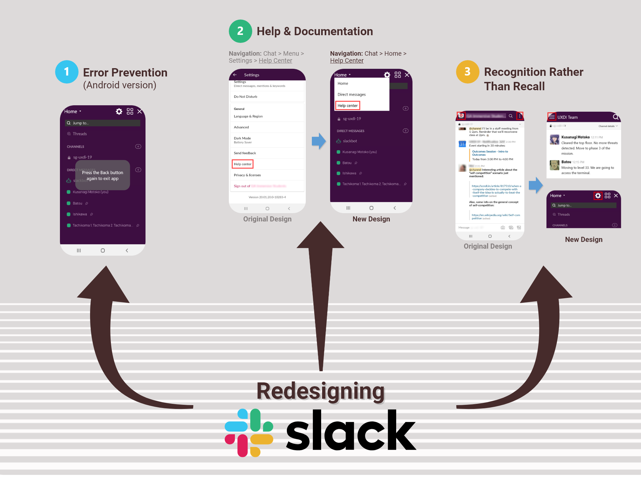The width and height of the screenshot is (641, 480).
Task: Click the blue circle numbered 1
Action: click(67, 72)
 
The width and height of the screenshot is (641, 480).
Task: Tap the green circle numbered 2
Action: click(240, 31)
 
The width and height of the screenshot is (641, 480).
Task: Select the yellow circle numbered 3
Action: click(468, 72)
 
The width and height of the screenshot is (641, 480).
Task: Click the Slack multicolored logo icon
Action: click(249, 433)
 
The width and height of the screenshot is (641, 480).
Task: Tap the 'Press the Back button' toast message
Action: click(103, 175)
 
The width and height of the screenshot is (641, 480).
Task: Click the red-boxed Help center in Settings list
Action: click(243, 164)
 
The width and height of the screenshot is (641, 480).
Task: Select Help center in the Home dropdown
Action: click(347, 106)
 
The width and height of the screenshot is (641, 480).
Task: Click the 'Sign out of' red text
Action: click(242, 186)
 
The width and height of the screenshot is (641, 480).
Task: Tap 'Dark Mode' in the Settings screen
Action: click(242, 138)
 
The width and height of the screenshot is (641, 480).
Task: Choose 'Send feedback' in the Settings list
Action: click(245, 153)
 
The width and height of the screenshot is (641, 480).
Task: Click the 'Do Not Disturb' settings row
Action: click(246, 97)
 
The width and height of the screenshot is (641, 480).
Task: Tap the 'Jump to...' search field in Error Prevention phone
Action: click(103, 123)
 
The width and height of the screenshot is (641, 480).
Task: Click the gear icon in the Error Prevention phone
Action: click(119, 111)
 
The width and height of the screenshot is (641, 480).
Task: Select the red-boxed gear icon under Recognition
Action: click(598, 196)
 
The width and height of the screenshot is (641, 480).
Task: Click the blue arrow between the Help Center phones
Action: click(319, 141)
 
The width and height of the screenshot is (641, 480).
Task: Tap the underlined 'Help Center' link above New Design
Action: click(347, 61)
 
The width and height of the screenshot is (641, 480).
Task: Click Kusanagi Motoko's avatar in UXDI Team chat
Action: click(554, 140)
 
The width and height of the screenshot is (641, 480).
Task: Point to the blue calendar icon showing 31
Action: click(462, 144)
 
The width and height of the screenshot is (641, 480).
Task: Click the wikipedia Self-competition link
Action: click(495, 217)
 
